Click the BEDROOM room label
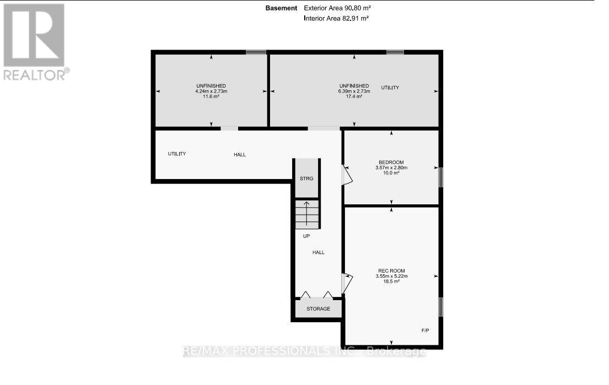[391, 162]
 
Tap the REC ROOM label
[391, 270]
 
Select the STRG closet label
[306, 178]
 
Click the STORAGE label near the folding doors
[318, 308]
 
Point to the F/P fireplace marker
[426, 329]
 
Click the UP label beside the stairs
[307, 236]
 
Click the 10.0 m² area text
[391, 173]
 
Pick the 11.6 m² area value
[211, 96]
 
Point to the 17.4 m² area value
[354, 96]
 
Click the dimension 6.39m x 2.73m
[354, 91]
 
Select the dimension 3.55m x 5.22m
[391, 275]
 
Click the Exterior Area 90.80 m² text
[336, 8]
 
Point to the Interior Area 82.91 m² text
[336, 18]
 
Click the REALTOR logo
[35, 42]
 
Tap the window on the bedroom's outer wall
[440, 177]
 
